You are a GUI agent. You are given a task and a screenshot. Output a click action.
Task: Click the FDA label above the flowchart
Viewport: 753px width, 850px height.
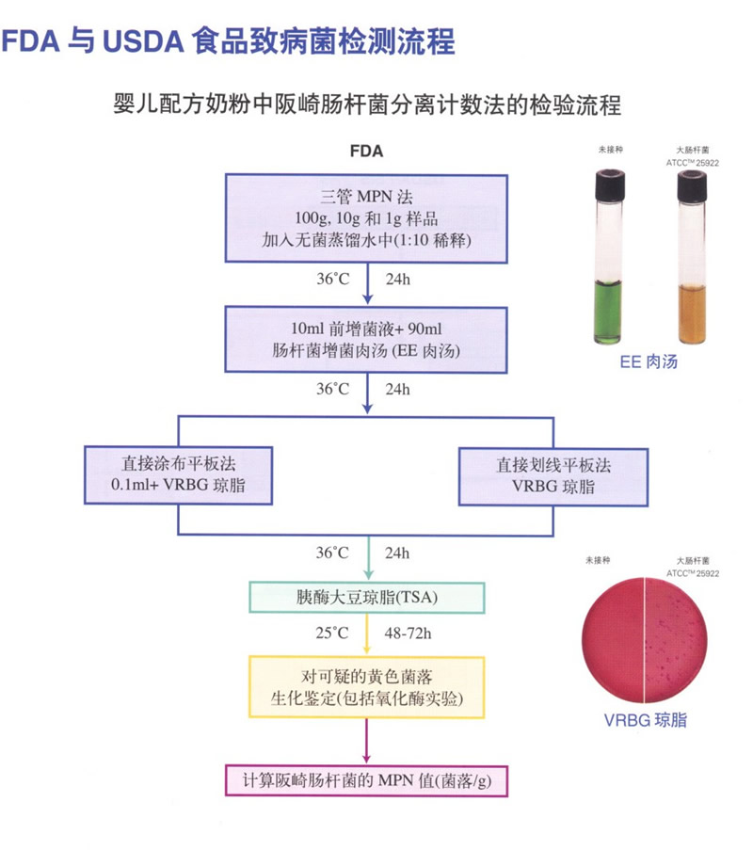(x=366, y=151)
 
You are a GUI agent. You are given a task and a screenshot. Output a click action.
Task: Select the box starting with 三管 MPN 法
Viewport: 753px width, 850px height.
(x=366, y=218)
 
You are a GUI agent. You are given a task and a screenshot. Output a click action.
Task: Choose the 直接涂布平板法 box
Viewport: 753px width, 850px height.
(x=178, y=476)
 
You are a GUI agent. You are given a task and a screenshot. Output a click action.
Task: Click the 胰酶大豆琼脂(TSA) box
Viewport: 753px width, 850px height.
(x=366, y=597)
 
